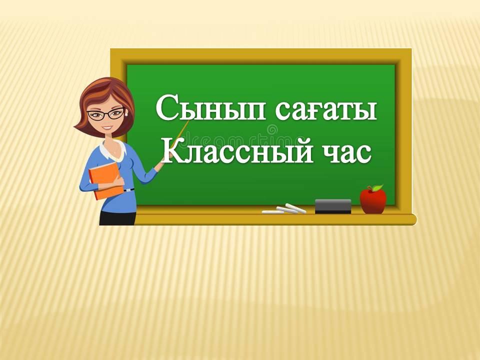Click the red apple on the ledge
(373, 200)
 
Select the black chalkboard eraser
(333, 206)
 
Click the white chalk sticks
(284, 209)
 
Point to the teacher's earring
(126, 114)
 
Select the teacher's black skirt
(117, 218)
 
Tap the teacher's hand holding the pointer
(160, 165)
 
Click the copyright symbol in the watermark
(272, 128)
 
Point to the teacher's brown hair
(104, 98)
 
